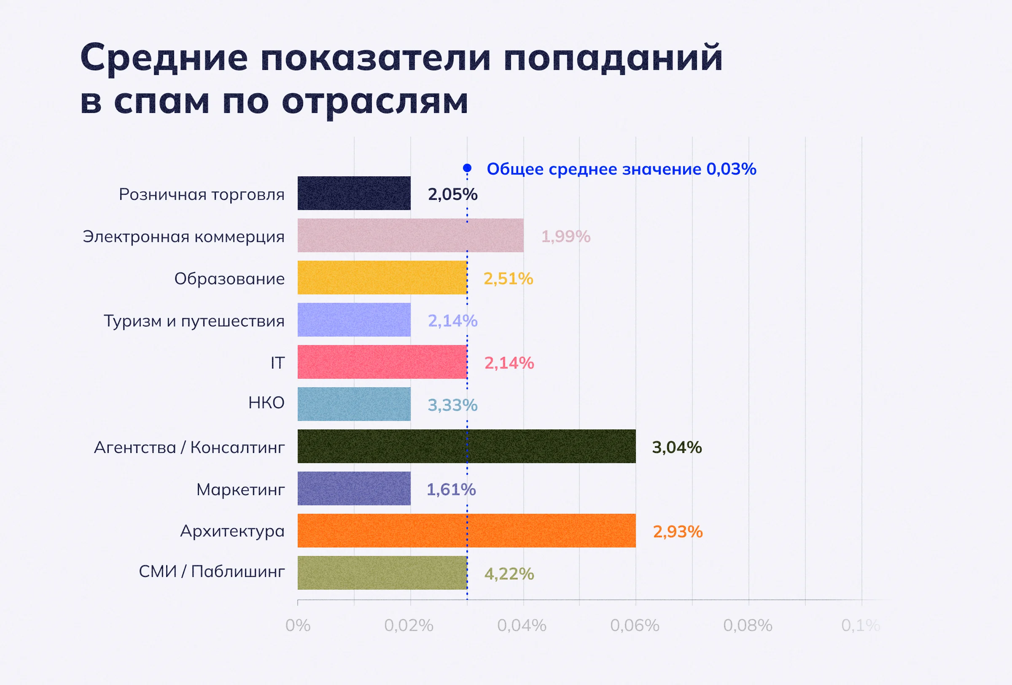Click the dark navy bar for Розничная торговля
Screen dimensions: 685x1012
pos(354,193)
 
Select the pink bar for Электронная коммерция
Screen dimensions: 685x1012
pos(410,235)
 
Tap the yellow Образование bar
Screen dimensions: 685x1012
pos(382,278)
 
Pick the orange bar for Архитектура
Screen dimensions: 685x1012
pos(466,530)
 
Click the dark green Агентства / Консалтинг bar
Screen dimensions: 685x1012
pos(466,446)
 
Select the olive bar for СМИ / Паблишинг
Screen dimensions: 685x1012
pos(382,573)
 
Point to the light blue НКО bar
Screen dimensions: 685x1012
pos(354,404)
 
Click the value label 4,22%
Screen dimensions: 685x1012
pos(509,574)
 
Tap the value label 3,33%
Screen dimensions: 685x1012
pos(452,405)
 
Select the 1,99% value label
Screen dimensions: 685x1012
pos(565,237)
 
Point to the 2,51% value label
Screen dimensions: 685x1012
pos(508,279)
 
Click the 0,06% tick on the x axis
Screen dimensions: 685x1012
pos(635,626)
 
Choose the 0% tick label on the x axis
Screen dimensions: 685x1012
pos(298,626)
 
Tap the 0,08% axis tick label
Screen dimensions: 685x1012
pos(748,626)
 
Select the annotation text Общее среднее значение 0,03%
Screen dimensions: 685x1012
pos(622,169)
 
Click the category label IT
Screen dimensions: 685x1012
pos(277,363)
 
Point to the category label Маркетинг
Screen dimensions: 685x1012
pos(240,489)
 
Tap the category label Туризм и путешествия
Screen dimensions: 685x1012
pos(194,321)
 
